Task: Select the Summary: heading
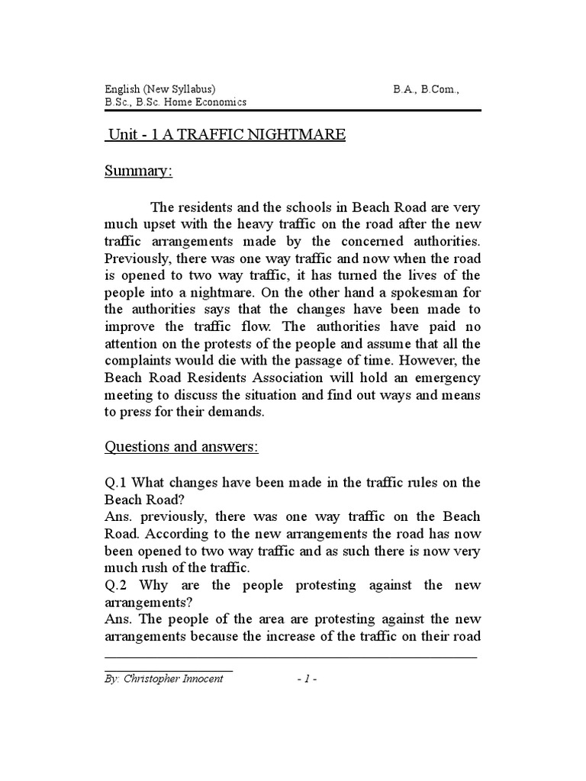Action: [139, 172]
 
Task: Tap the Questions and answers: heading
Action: [182, 446]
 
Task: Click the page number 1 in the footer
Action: [306, 679]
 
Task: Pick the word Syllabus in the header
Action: [192, 88]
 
